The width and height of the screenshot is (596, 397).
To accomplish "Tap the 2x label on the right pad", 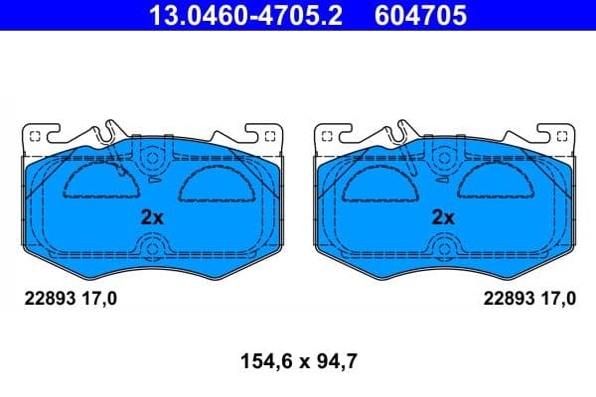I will coord(443,217).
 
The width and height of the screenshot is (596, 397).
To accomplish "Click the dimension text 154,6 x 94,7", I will coord(298,362).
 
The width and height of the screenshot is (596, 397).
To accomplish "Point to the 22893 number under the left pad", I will coord(48,297).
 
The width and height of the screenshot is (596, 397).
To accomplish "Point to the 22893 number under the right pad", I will coord(508,297).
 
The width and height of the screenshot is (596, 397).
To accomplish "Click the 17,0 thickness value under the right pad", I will coord(557,297).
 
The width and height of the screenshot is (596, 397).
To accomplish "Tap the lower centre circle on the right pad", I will coord(443,249).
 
